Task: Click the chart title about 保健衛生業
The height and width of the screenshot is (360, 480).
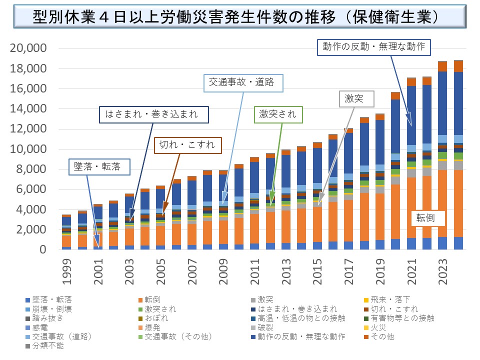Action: click(240, 17)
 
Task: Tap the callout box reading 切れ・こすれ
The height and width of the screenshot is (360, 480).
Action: click(187, 145)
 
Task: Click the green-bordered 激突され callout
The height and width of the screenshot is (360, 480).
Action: click(277, 114)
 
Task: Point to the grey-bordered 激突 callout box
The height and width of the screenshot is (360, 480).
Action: click(356, 99)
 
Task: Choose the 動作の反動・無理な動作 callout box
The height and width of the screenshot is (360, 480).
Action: click(373, 46)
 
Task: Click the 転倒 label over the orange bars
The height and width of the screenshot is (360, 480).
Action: click(426, 218)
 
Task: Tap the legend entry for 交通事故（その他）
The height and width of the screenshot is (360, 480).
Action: click(170, 336)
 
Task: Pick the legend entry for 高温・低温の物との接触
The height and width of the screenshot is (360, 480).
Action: click(284, 318)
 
